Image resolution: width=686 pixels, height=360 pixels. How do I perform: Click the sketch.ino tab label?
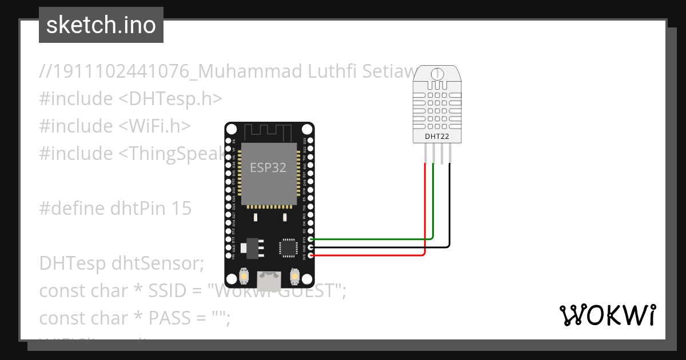pos(101,25)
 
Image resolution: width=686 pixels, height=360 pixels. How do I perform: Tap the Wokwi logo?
pos(607,315)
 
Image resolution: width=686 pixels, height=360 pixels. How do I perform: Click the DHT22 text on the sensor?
pos(437,137)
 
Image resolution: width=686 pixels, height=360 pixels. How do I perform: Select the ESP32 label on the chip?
pos(268,167)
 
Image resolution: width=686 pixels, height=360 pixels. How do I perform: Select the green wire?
pos(433,206)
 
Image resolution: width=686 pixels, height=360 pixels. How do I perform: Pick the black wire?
pos(450,211)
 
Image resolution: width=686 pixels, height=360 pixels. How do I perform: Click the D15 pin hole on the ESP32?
pos(310,239)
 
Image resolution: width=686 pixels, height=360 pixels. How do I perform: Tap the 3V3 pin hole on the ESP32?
pos(310,255)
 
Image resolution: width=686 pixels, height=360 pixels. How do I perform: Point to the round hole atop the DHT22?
pos(437,74)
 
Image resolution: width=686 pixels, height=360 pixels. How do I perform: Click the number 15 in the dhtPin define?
pos(181,209)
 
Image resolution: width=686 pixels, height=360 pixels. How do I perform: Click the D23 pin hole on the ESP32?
pos(310,140)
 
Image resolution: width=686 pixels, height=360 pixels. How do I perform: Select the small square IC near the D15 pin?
pos(288,247)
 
